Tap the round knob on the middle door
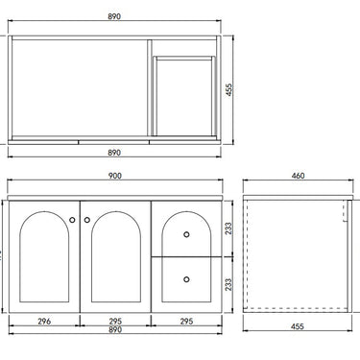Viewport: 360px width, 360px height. (87, 221)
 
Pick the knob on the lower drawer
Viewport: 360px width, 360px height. (186, 278)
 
